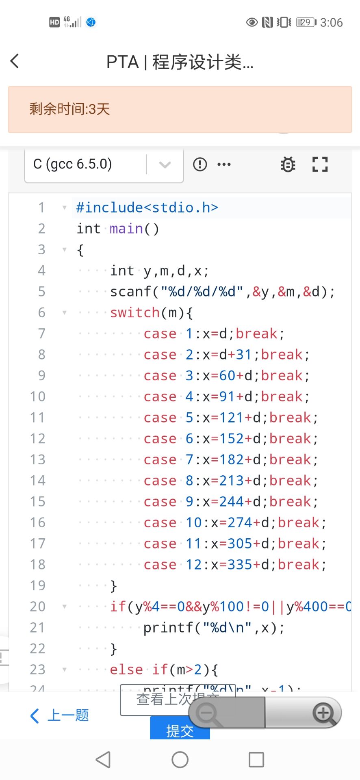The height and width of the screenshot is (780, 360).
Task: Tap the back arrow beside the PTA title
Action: (x=15, y=61)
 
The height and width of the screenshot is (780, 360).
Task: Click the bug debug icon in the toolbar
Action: (x=288, y=165)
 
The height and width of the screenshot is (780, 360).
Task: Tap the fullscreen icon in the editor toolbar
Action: (x=320, y=165)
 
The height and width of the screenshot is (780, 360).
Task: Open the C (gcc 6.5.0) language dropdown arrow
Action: (x=165, y=165)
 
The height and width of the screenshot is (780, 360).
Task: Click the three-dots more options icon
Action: (x=224, y=165)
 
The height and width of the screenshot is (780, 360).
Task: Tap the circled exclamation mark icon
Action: (x=200, y=165)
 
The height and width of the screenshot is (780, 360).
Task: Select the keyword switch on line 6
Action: (x=135, y=313)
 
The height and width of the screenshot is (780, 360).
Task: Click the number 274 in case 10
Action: (x=240, y=522)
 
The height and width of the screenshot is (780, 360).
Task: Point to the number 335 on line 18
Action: (x=240, y=565)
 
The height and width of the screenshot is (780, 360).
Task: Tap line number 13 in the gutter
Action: (x=38, y=459)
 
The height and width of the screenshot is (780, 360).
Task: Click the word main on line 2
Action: (x=126, y=229)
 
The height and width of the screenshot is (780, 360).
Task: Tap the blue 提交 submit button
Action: (x=180, y=730)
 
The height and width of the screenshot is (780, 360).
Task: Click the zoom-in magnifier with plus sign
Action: (x=323, y=713)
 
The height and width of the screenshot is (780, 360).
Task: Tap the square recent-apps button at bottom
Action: (x=256, y=759)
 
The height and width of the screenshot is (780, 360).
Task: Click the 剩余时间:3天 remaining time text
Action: (x=69, y=109)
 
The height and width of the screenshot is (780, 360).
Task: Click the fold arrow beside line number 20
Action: (x=64, y=607)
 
